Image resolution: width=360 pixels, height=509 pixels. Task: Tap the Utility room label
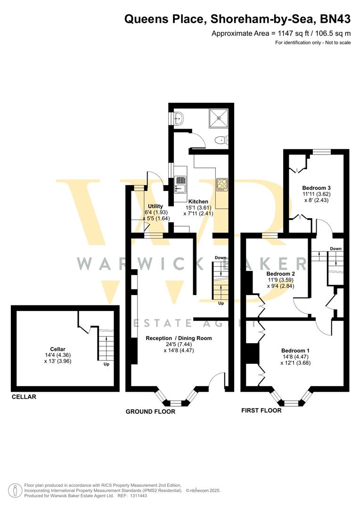pyautogui.click(x=155, y=206)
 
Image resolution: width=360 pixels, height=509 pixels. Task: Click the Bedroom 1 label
pyautogui.click(x=295, y=350)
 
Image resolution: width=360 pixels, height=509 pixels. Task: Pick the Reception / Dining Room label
pyautogui.click(x=179, y=338)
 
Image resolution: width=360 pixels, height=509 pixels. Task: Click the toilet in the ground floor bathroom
pyautogui.click(x=220, y=140)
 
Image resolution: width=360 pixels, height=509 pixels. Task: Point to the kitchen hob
pyautogui.click(x=222, y=183)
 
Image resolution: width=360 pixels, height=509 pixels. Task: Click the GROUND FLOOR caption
pyautogui.click(x=150, y=411)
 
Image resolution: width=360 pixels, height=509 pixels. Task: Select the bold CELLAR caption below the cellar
pyautogui.click(x=24, y=397)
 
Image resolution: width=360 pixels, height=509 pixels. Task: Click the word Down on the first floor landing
pyautogui.click(x=335, y=249)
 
